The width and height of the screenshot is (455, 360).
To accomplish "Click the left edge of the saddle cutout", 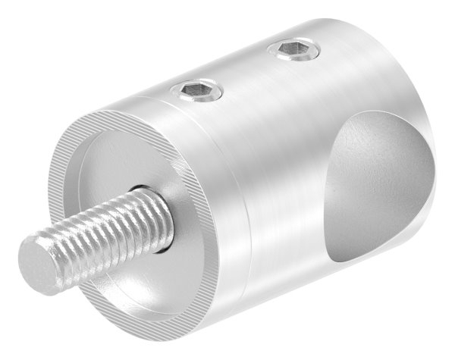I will [x=329, y=197].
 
